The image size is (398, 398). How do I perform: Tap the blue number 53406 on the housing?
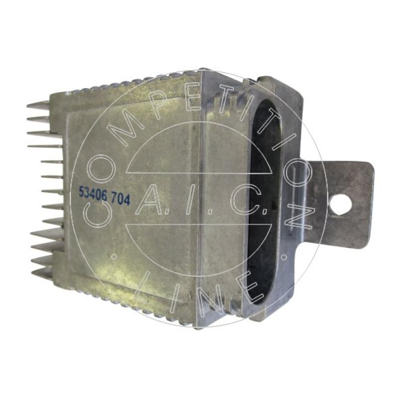(93, 194)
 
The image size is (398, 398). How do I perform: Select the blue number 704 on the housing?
(120, 199)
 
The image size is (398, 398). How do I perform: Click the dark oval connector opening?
(264, 202)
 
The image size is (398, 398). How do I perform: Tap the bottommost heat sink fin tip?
(32, 273)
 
